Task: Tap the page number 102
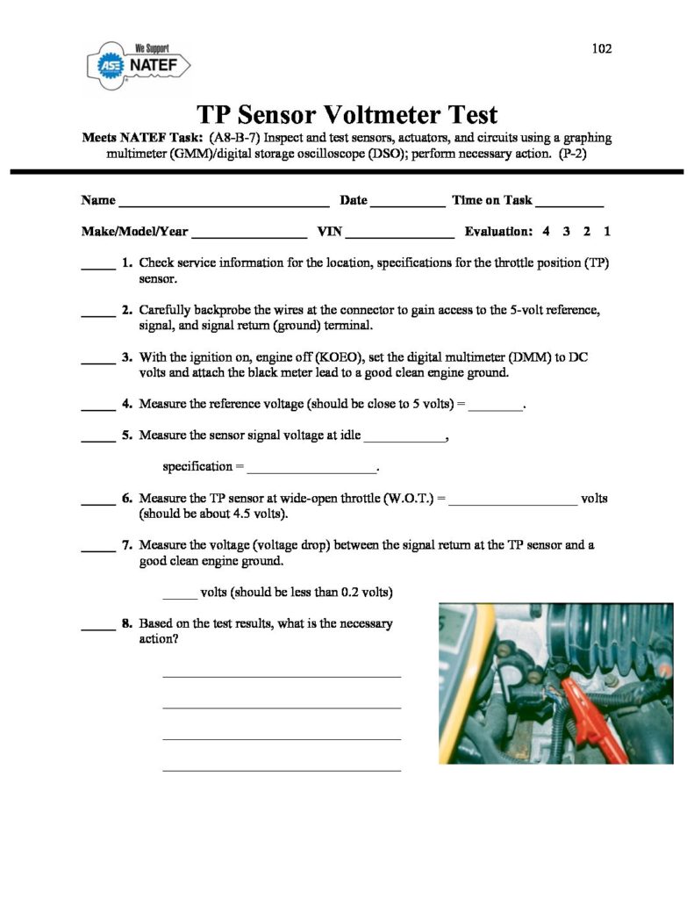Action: (601, 48)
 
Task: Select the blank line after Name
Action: (223, 204)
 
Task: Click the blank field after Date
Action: (407, 204)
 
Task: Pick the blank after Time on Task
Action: (569, 204)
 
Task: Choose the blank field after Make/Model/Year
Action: (248, 235)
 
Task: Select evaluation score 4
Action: (546, 232)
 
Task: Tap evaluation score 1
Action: (607, 232)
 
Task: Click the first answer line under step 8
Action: (282, 675)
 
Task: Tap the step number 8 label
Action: (127, 623)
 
